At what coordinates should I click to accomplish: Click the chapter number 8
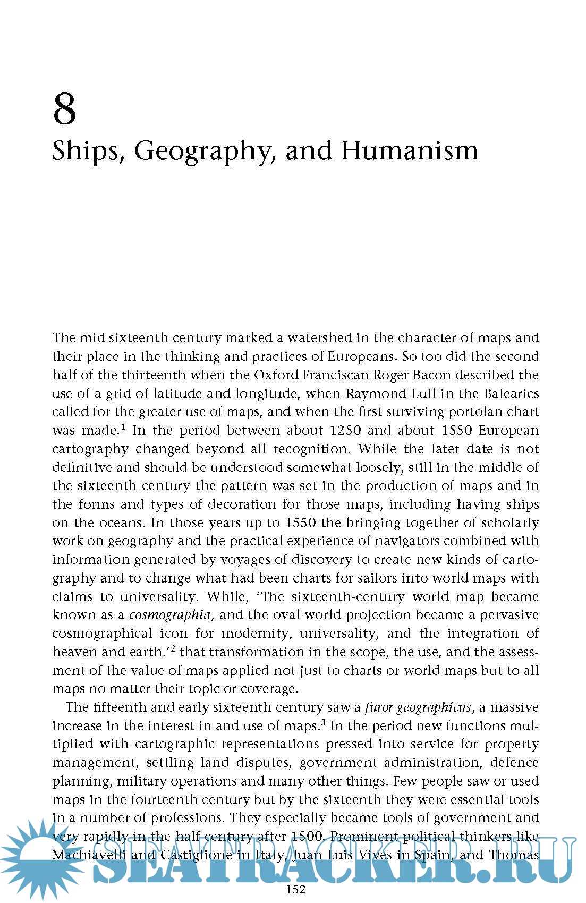pyautogui.click(x=64, y=109)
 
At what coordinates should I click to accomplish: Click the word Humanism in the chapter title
pyautogui.click(x=409, y=150)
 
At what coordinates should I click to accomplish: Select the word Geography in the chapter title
pyautogui.click(x=204, y=151)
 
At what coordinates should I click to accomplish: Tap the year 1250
pyautogui.click(x=345, y=431)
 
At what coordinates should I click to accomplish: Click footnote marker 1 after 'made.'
pyautogui.click(x=123, y=427)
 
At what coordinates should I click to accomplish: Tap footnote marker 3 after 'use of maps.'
pyautogui.click(x=323, y=722)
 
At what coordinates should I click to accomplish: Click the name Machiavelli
pyautogui.click(x=89, y=855)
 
